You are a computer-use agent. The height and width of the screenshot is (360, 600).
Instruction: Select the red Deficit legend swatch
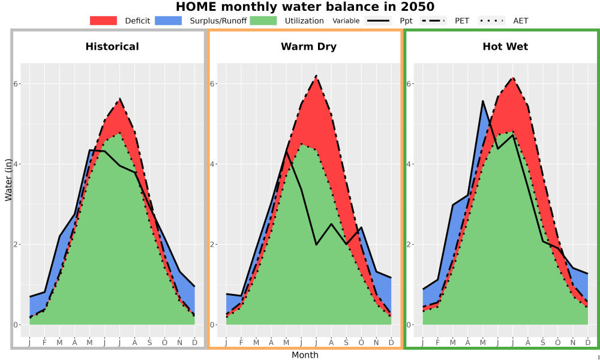point(103,20)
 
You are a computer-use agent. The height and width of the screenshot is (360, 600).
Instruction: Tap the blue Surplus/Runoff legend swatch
point(169,20)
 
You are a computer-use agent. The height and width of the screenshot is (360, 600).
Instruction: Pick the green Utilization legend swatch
point(263,20)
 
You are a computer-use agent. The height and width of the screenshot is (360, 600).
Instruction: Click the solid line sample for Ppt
point(378,20)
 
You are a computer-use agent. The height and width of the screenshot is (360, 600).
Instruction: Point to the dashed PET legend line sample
point(433,20)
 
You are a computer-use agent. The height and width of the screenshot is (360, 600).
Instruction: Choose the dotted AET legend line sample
point(492,20)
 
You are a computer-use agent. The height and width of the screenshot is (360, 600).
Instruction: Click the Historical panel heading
point(112,47)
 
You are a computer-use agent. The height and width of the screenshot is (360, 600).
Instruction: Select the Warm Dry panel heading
point(309,47)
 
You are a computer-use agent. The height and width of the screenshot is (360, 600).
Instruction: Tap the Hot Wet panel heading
point(505,47)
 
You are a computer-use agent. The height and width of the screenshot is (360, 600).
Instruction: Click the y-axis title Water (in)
point(8,180)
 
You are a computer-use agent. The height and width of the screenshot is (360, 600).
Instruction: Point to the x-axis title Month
point(305,355)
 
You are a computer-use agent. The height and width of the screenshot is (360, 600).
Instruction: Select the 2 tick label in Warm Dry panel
point(212,244)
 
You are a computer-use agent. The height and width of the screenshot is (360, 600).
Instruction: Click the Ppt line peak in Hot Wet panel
point(482,101)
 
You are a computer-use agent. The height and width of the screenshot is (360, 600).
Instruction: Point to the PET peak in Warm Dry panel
point(316,76)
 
